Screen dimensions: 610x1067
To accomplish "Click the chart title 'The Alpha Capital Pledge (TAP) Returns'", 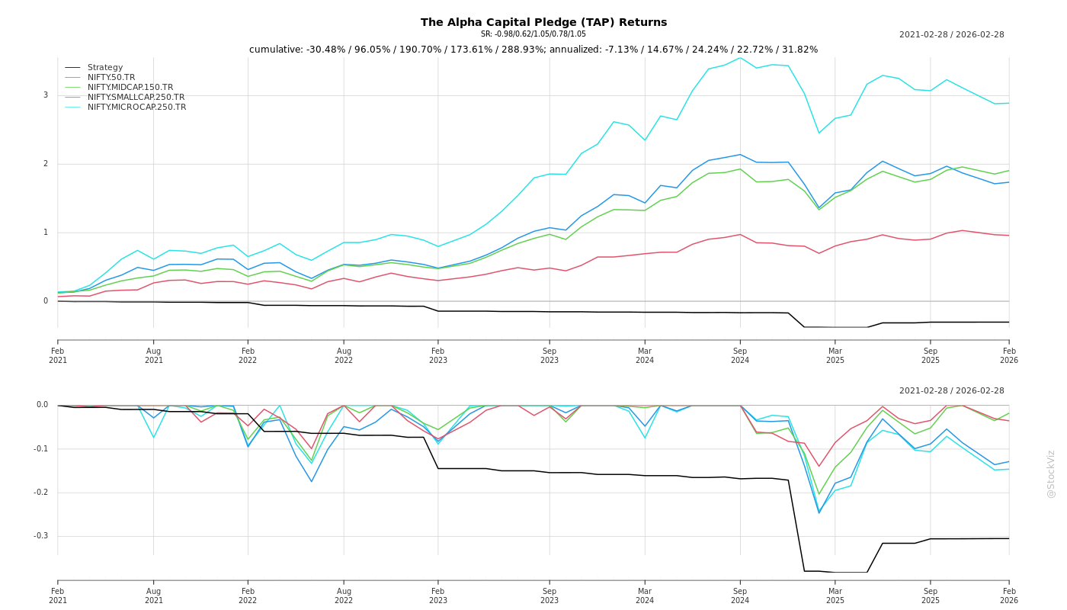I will click(543, 22).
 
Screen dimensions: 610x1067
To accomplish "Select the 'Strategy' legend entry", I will click(105, 68).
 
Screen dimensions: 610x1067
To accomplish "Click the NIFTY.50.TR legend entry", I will click(111, 78).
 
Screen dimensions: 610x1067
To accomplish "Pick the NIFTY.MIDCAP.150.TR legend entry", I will click(130, 88).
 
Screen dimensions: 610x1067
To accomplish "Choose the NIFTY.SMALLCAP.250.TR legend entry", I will click(136, 98).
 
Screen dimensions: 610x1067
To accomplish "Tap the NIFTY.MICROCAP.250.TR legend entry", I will click(136, 108).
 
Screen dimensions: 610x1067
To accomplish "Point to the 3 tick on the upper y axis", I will click(46, 95).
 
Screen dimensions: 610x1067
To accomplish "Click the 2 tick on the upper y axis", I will click(46, 164).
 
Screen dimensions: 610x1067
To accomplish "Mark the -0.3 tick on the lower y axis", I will click(41, 536).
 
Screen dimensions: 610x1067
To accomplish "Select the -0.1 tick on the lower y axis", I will click(41, 448).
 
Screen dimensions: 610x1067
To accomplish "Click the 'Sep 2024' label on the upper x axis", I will click(740, 355).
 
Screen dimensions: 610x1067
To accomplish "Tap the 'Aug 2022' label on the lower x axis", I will click(344, 596).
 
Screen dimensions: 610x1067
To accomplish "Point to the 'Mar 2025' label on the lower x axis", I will click(835, 596).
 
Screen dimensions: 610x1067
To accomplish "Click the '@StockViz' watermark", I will click(1051, 474).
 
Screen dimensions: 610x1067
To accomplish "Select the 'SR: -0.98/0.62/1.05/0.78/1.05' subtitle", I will click(533, 34).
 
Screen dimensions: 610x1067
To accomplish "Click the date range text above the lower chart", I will click(951, 391).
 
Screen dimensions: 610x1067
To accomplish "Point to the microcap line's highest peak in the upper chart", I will click(739, 58).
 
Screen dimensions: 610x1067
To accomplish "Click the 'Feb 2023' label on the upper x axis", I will click(438, 355).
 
